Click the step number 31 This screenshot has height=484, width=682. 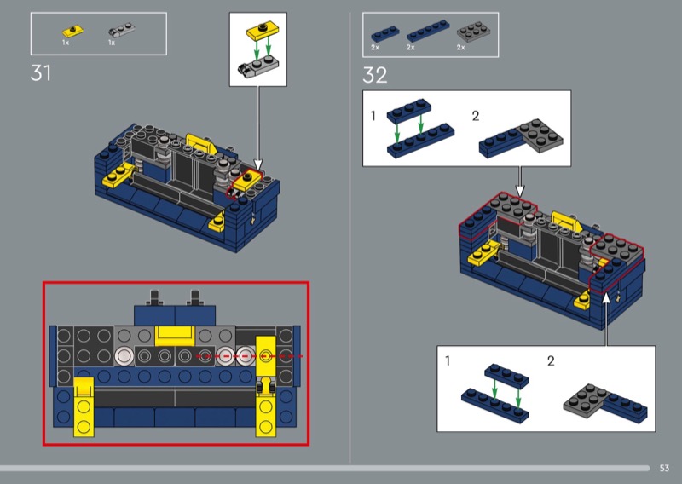click(40, 72)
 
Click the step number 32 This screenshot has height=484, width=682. click(374, 75)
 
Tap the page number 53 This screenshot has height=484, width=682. click(664, 468)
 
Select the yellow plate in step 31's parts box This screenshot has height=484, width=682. click(73, 32)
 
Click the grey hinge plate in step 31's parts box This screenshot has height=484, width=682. click(121, 29)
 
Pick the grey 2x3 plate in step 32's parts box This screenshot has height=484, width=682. click(473, 31)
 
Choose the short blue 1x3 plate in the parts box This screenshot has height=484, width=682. click(385, 33)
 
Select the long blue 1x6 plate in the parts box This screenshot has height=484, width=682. click(428, 31)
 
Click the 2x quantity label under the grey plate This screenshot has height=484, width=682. click(460, 47)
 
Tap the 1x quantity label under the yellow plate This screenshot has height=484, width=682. click(66, 43)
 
